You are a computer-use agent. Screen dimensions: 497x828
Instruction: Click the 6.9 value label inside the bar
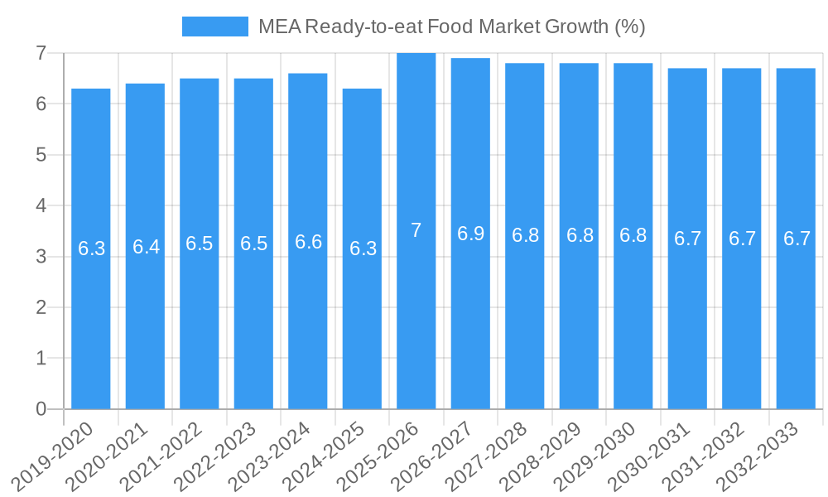tap(470, 234)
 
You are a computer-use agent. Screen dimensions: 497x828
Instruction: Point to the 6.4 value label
tap(146, 247)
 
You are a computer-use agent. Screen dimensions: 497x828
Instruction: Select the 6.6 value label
tap(308, 242)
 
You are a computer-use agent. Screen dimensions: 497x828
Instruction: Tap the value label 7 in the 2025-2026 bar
tap(416, 231)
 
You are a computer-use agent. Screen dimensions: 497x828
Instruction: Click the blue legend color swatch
tap(214, 27)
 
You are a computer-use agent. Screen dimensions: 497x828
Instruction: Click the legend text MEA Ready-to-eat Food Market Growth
tap(451, 27)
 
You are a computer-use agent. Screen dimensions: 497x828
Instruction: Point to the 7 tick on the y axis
tap(40, 53)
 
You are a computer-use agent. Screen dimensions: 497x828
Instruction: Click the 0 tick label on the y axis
tap(40, 409)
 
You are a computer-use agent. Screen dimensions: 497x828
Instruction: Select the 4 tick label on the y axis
tap(40, 205)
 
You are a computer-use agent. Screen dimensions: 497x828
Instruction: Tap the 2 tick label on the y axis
tap(40, 307)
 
